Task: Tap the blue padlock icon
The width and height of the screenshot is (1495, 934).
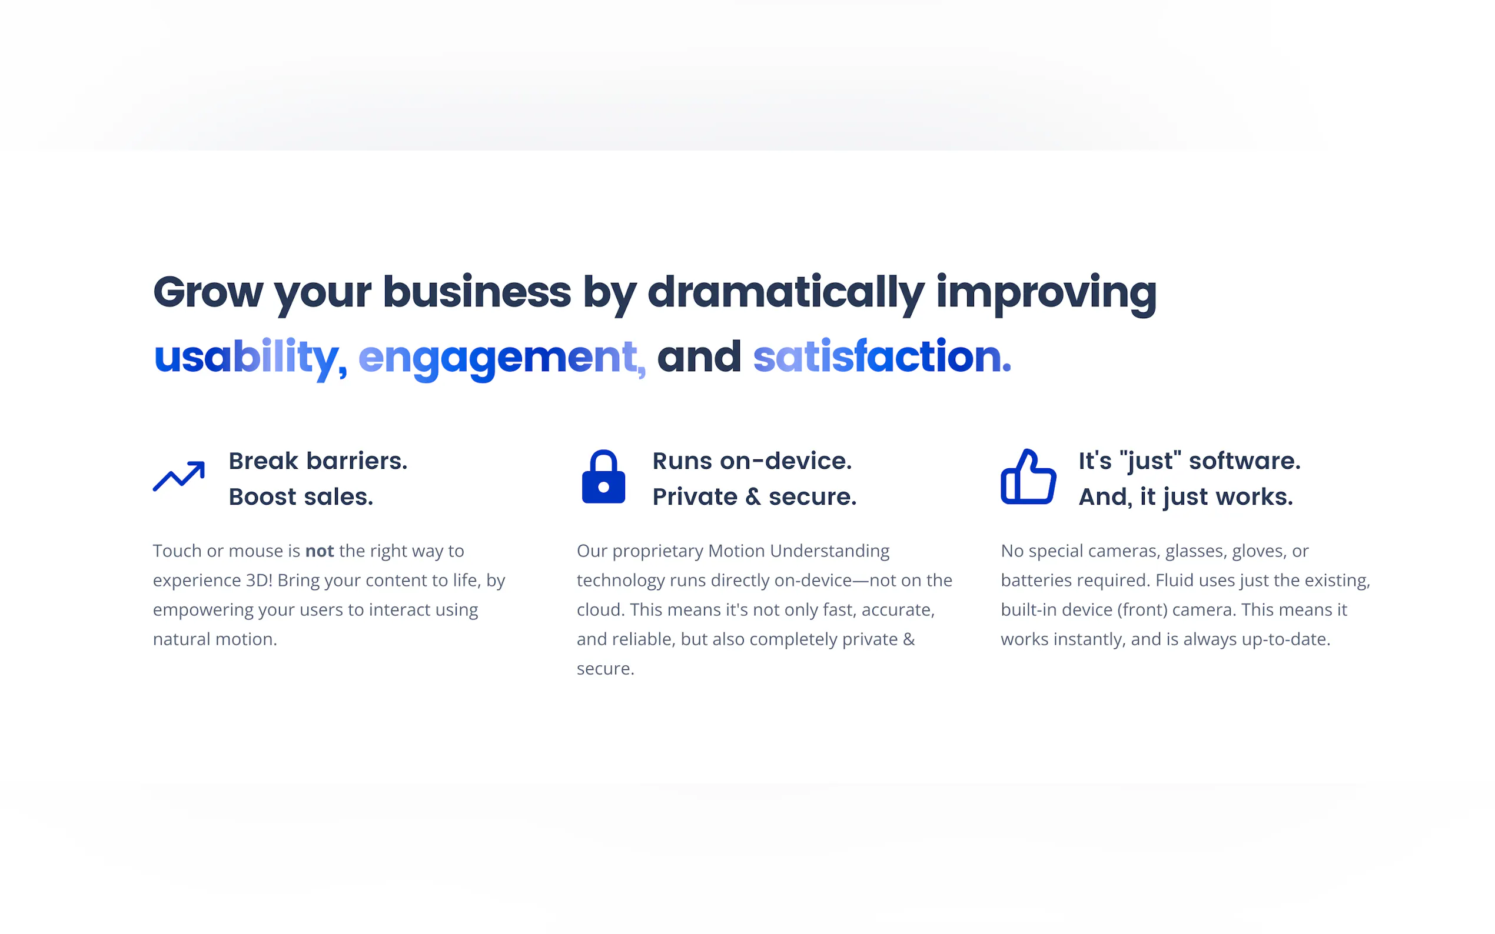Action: (603, 476)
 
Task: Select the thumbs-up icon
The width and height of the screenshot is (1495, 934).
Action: (1028, 476)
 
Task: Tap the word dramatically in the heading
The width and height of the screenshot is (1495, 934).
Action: (786, 293)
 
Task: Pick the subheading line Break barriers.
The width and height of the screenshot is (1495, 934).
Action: (318, 461)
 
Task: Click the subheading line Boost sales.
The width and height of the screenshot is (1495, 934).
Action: (301, 496)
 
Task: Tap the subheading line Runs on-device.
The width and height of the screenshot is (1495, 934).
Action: (752, 461)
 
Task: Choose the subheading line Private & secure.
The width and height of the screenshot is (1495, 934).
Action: (755, 496)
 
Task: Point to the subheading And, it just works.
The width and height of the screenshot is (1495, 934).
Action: (1185, 497)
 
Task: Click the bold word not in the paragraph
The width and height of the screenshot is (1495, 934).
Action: (320, 551)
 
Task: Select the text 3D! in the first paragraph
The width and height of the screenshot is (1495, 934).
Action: (260, 580)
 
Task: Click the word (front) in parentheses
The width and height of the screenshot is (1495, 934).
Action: (1142, 611)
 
